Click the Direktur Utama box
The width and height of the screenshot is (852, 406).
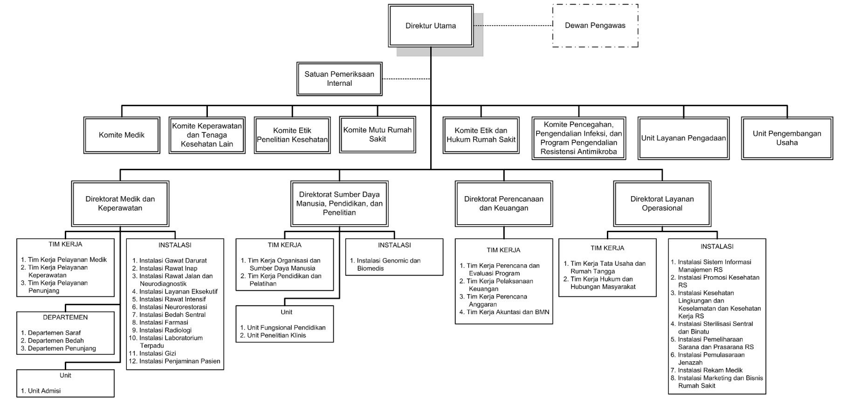(x=431, y=26)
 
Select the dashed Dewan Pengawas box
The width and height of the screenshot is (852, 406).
(x=595, y=26)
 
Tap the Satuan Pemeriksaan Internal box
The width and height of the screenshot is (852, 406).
(x=339, y=79)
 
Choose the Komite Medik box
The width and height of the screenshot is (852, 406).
(x=122, y=135)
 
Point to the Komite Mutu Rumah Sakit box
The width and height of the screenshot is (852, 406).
(x=378, y=135)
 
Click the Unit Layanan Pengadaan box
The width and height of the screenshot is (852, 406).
(x=684, y=138)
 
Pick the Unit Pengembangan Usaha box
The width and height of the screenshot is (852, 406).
(x=787, y=138)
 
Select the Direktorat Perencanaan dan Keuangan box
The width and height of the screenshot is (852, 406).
(x=504, y=204)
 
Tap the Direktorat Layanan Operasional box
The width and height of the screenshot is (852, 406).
(x=662, y=204)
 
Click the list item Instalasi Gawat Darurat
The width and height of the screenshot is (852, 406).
(x=170, y=261)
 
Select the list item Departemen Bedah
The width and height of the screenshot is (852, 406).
(x=52, y=341)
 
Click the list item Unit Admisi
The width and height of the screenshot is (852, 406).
(x=41, y=391)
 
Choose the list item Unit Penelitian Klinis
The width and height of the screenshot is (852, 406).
(x=273, y=336)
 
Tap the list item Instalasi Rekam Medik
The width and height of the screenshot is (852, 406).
(x=707, y=371)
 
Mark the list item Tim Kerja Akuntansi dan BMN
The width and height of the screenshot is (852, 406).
(x=504, y=312)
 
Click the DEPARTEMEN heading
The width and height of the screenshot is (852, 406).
(x=65, y=317)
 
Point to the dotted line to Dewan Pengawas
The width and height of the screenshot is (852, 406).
(x=513, y=26)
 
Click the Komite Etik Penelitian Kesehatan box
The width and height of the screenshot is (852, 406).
(x=292, y=135)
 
